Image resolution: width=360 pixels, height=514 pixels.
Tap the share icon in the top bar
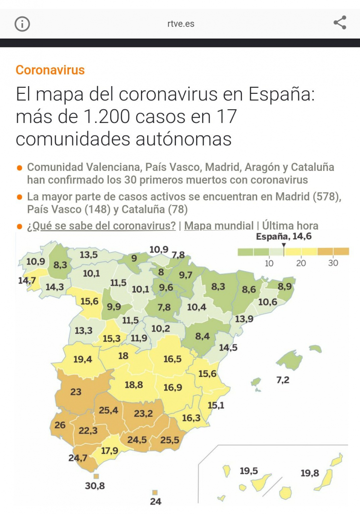[x=340, y=23]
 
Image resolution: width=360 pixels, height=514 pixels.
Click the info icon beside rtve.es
[x=22, y=24]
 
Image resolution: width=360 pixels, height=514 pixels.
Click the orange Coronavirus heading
[x=50, y=70]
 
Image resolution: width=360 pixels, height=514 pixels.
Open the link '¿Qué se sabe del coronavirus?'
[x=101, y=226]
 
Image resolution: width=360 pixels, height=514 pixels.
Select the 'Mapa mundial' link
[x=219, y=226]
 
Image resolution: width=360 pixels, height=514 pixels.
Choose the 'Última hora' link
[x=290, y=226]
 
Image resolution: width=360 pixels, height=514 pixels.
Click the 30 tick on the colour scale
[x=333, y=263]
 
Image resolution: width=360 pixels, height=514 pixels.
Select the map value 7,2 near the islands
[x=283, y=380]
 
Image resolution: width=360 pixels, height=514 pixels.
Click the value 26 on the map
[x=60, y=425]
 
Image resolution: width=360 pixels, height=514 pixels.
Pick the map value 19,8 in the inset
[x=309, y=473]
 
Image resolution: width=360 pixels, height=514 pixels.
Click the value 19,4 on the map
[x=82, y=359]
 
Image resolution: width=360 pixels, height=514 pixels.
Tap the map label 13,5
[x=89, y=255]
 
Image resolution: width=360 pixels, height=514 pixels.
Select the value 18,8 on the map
[x=134, y=385]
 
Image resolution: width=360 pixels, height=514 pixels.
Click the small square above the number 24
[x=155, y=493]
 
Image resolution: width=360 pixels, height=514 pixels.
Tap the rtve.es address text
[x=180, y=24]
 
